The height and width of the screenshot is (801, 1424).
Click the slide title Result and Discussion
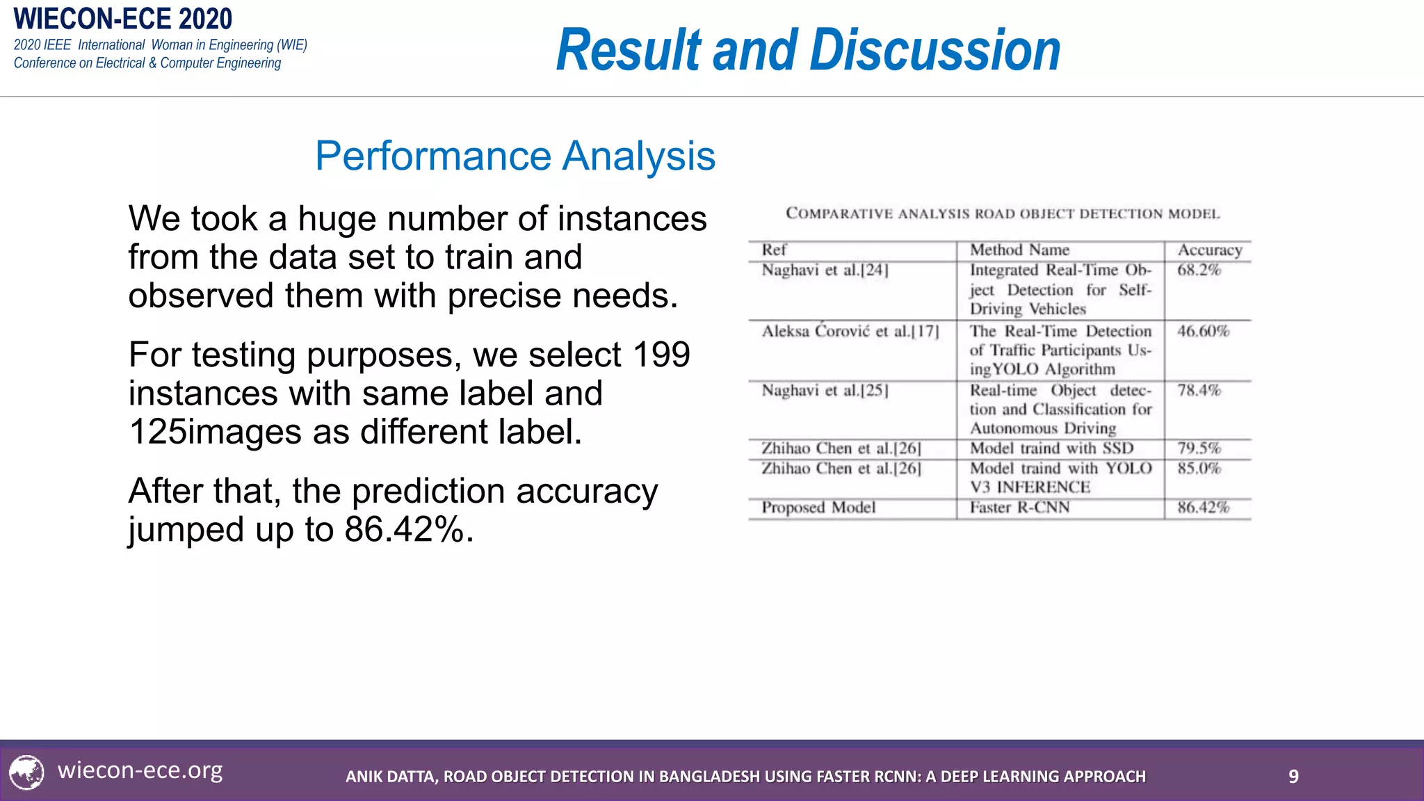808,50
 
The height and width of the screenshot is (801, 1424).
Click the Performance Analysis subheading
515,156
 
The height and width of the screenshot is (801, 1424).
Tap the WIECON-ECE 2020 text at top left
123,19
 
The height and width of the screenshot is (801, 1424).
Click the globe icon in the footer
27,772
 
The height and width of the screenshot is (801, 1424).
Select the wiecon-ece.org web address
140,770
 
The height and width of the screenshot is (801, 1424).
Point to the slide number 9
1293,777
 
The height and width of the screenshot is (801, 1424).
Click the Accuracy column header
1209,250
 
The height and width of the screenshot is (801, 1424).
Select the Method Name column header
1019,250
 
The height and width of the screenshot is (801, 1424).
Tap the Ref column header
774,250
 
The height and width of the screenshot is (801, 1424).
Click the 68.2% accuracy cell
1199,270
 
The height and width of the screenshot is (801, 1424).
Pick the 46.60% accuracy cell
1203,331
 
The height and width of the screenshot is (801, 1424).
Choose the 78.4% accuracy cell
1199,391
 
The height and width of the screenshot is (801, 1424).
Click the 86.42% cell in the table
1203,508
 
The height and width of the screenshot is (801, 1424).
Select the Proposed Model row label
818,508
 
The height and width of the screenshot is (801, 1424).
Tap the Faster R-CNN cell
1019,508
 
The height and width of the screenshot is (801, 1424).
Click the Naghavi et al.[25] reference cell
825,391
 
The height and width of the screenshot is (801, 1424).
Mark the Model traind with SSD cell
1051,448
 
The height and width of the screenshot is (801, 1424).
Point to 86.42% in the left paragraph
404,530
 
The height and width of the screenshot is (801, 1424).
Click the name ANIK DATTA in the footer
391,777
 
